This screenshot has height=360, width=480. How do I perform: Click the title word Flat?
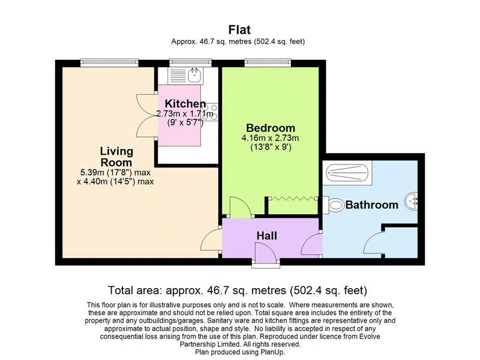click(239, 29)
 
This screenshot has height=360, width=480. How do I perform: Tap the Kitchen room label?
click(185, 103)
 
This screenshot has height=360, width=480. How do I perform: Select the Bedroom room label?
click(271, 128)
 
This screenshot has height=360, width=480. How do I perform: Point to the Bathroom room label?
click(372, 205)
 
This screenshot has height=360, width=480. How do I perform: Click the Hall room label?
click(266, 235)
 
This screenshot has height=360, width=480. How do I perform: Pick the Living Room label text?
click(116, 157)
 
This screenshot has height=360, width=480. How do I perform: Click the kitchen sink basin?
click(196, 75)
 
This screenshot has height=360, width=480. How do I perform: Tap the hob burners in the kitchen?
click(211, 112)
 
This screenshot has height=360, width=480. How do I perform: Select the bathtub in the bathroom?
click(347, 173)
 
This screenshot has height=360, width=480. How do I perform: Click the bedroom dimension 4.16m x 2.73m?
click(270, 138)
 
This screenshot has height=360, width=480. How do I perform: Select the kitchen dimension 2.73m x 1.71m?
click(185, 114)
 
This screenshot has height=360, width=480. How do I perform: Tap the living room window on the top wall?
click(109, 63)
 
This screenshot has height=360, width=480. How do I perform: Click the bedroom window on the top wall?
click(268, 63)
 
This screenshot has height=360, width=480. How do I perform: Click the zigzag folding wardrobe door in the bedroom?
click(293, 199)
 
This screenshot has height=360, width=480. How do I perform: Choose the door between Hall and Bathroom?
click(312, 244)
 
